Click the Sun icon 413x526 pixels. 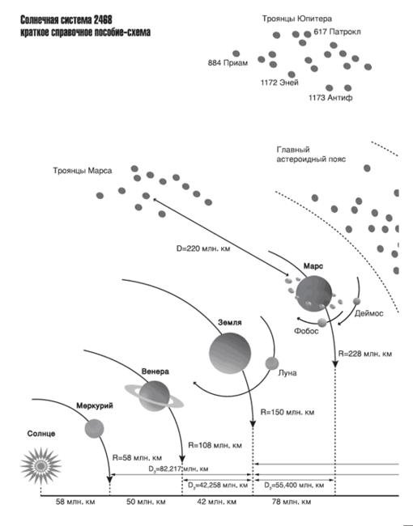[x=40, y=465]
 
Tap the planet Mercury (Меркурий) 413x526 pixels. [x=94, y=428]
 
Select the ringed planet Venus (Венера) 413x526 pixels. [x=154, y=396]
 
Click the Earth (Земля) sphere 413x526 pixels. [x=230, y=354]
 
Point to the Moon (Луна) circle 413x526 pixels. [x=271, y=363]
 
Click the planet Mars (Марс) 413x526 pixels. [x=314, y=294]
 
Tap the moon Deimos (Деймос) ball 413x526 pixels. [x=356, y=301]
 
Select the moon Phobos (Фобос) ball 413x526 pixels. [x=322, y=322]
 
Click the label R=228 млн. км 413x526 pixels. [x=364, y=354]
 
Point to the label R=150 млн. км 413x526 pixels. [x=287, y=412]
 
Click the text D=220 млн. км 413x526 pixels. [x=203, y=248]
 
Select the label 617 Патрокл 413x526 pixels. [x=337, y=32]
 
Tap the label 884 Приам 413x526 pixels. [x=228, y=63]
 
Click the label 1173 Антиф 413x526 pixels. [x=330, y=98]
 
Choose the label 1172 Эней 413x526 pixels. [x=279, y=83]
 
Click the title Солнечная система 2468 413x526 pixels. [x=66, y=20]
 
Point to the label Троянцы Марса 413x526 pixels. [x=83, y=171]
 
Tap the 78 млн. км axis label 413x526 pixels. [x=292, y=502]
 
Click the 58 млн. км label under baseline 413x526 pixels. [x=75, y=502]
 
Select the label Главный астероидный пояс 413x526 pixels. [x=311, y=155]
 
